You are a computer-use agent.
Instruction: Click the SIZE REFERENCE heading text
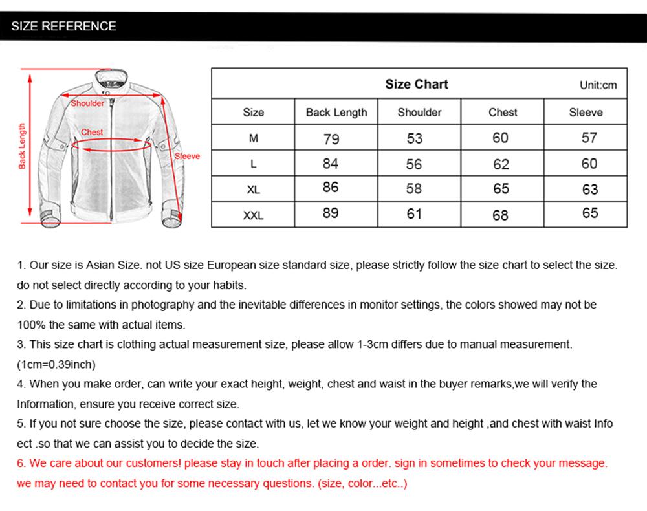click(63, 27)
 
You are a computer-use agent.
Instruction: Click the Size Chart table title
click(416, 84)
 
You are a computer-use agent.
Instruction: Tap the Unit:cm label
click(598, 85)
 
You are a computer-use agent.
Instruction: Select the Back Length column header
click(336, 113)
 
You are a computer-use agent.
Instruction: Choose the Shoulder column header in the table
click(419, 113)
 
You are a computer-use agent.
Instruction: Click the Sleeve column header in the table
click(586, 113)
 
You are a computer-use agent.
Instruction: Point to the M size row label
click(253, 138)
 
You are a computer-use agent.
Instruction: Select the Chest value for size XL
click(501, 189)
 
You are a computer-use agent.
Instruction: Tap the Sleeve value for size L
click(589, 164)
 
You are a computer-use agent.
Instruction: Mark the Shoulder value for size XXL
click(414, 213)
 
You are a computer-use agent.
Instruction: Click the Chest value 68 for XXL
click(501, 215)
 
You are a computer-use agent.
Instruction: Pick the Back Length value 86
click(331, 188)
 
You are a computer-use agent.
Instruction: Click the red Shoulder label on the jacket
click(87, 103)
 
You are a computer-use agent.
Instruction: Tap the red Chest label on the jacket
click(92, 132)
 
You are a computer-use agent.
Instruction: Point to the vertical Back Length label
click(22, 146)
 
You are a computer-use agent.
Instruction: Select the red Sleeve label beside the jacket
click(188, 156)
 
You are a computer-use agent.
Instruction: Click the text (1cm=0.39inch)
click(56, 364)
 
